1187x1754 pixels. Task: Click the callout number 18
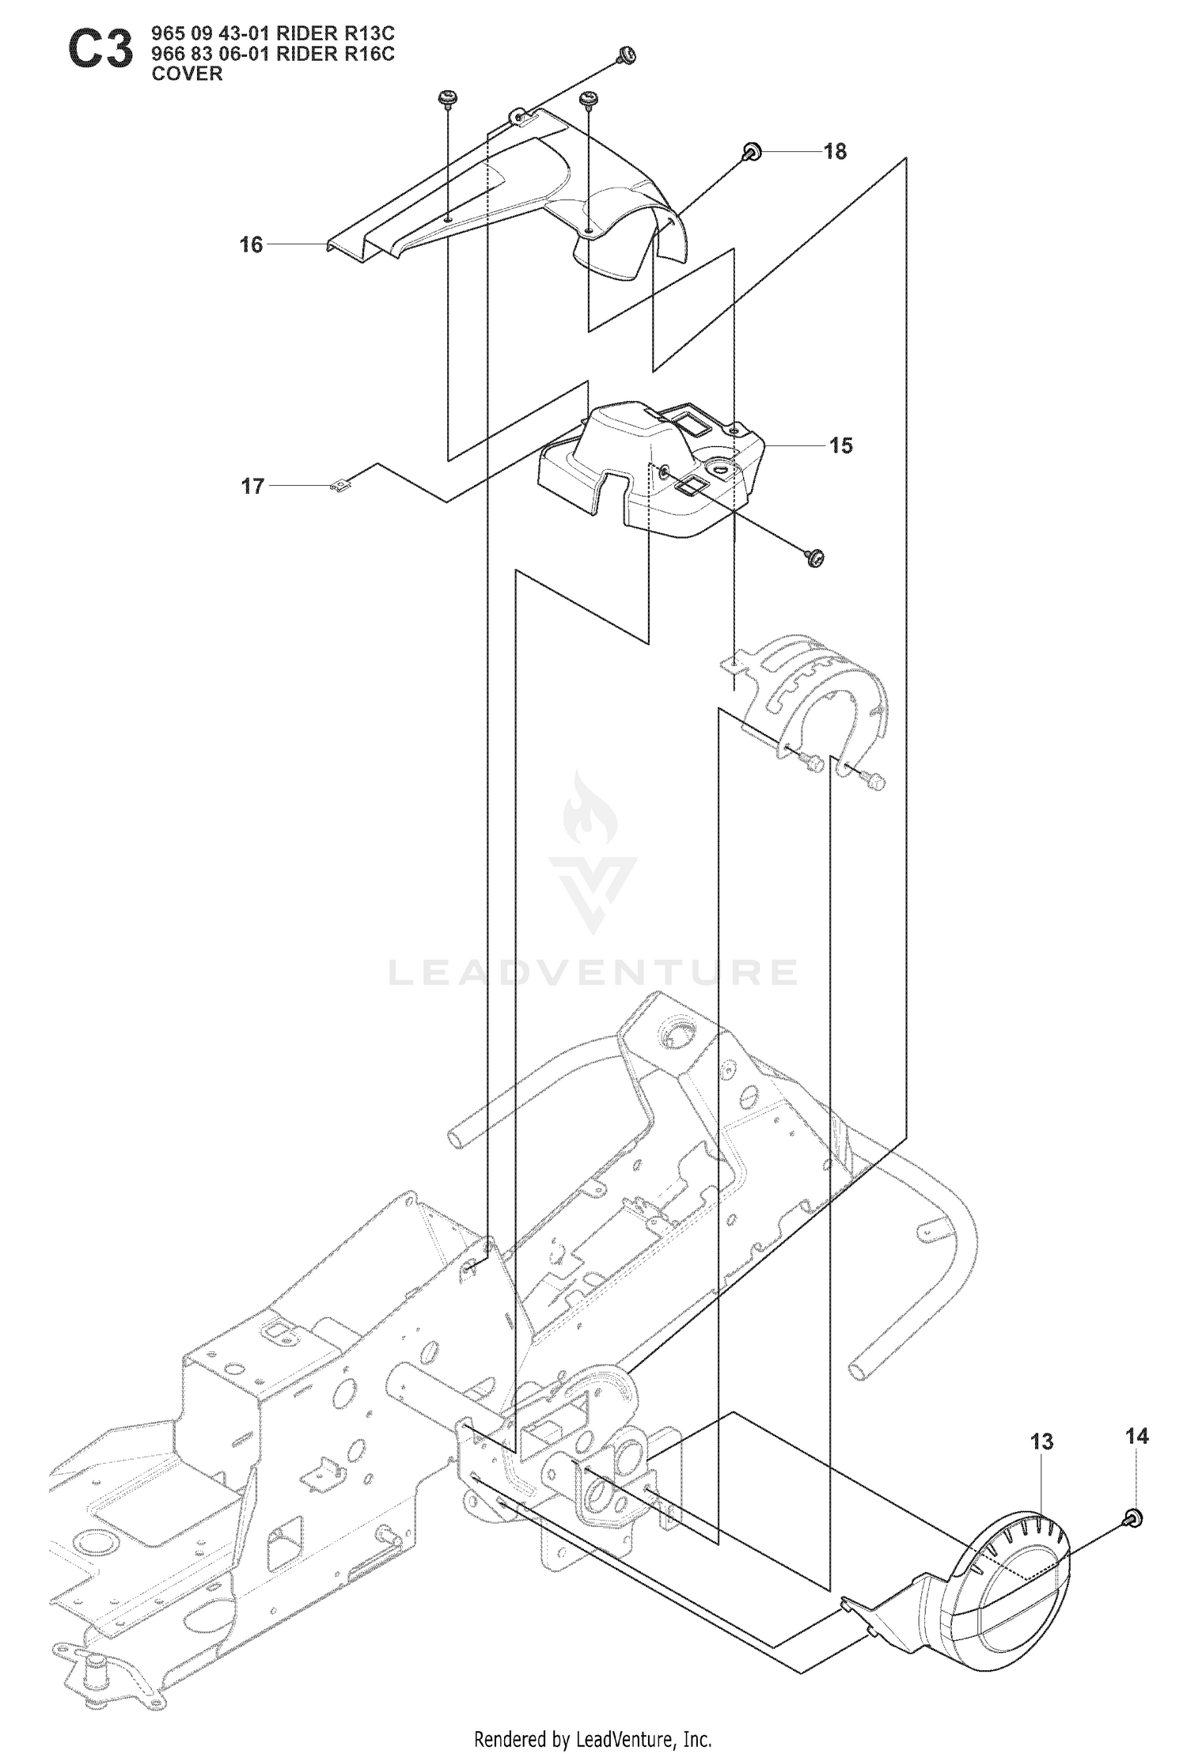pyautogui.click(x=835, y=151)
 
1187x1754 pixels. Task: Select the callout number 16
pyautogui.click(x=251, y=245)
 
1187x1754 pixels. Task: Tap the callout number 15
pyautogui.click(x=840, y=446)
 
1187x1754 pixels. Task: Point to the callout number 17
pyautogui.click(x=252, y=486)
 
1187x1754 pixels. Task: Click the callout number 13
pyautogui.click(x=1042, y=1442)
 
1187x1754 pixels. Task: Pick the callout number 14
pyautogui.click(x=1136, y=1436)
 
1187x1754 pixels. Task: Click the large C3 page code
pyautogui.click(x=100, y=51)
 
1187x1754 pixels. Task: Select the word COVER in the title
pyautogui.click(x=188, y=74)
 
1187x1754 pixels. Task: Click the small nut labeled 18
pyautogui.click(x=752, y=150)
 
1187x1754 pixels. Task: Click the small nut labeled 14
pyautogui.click(x=1132, y=1516)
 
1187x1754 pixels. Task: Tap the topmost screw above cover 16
pyautogui.click(x=626, y=55)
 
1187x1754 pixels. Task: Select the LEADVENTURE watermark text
pyautogui.click(x=593, y=972)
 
